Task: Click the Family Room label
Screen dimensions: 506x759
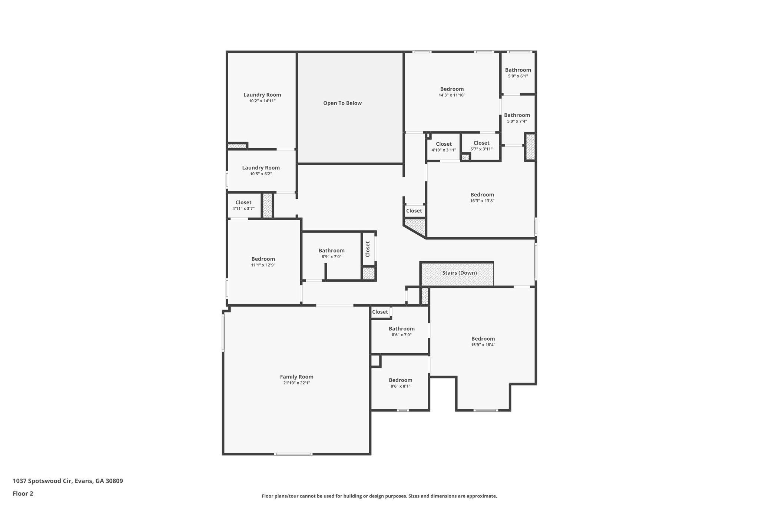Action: (296, 377)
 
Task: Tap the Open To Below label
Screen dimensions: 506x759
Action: (342, 103)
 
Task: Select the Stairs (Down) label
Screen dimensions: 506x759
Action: (459, 273)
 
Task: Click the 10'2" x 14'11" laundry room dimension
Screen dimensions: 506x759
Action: (262, 101)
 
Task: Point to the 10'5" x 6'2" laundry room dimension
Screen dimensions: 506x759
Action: (261, 174)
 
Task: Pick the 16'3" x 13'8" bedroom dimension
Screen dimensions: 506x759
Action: (482, 201)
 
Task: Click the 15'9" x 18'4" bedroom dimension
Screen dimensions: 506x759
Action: (483, 345)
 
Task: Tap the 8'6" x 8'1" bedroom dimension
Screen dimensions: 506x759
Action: (400, 386)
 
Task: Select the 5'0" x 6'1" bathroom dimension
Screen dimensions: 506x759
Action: (518, 76)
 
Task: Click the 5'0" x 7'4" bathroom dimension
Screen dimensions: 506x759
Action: (517, 121)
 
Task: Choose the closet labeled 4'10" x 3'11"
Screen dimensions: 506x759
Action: (444, 147)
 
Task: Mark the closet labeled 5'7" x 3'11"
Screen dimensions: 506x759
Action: (481, 146)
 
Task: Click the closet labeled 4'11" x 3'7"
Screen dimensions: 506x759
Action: (243, 205)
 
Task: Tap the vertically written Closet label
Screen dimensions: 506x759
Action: (368, 249)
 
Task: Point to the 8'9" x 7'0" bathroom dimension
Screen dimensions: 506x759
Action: (331, 257)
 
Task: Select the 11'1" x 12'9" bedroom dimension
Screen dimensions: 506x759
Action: (263, 265)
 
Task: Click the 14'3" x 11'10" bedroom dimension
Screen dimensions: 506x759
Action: (452, 95)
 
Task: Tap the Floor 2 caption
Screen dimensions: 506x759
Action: (23, 493)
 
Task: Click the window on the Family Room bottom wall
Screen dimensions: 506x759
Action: (293, 454)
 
